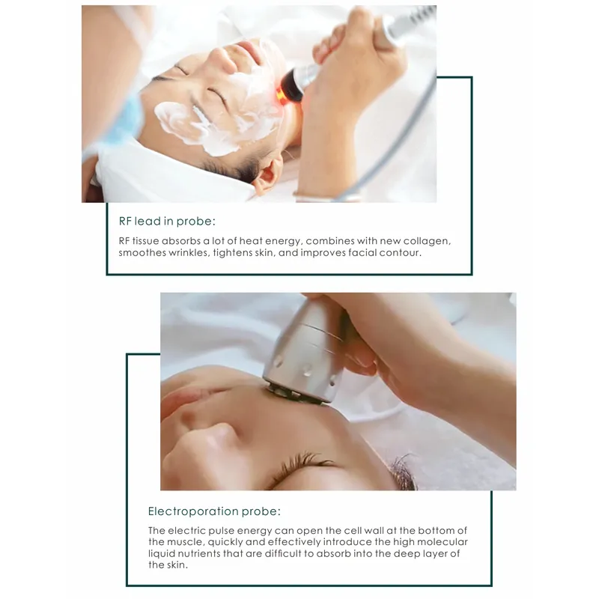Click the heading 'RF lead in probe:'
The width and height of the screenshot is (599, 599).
[166, 222]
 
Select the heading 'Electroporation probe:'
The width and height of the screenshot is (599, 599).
[214, 512]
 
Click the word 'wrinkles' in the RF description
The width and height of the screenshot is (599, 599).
[184, 253]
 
